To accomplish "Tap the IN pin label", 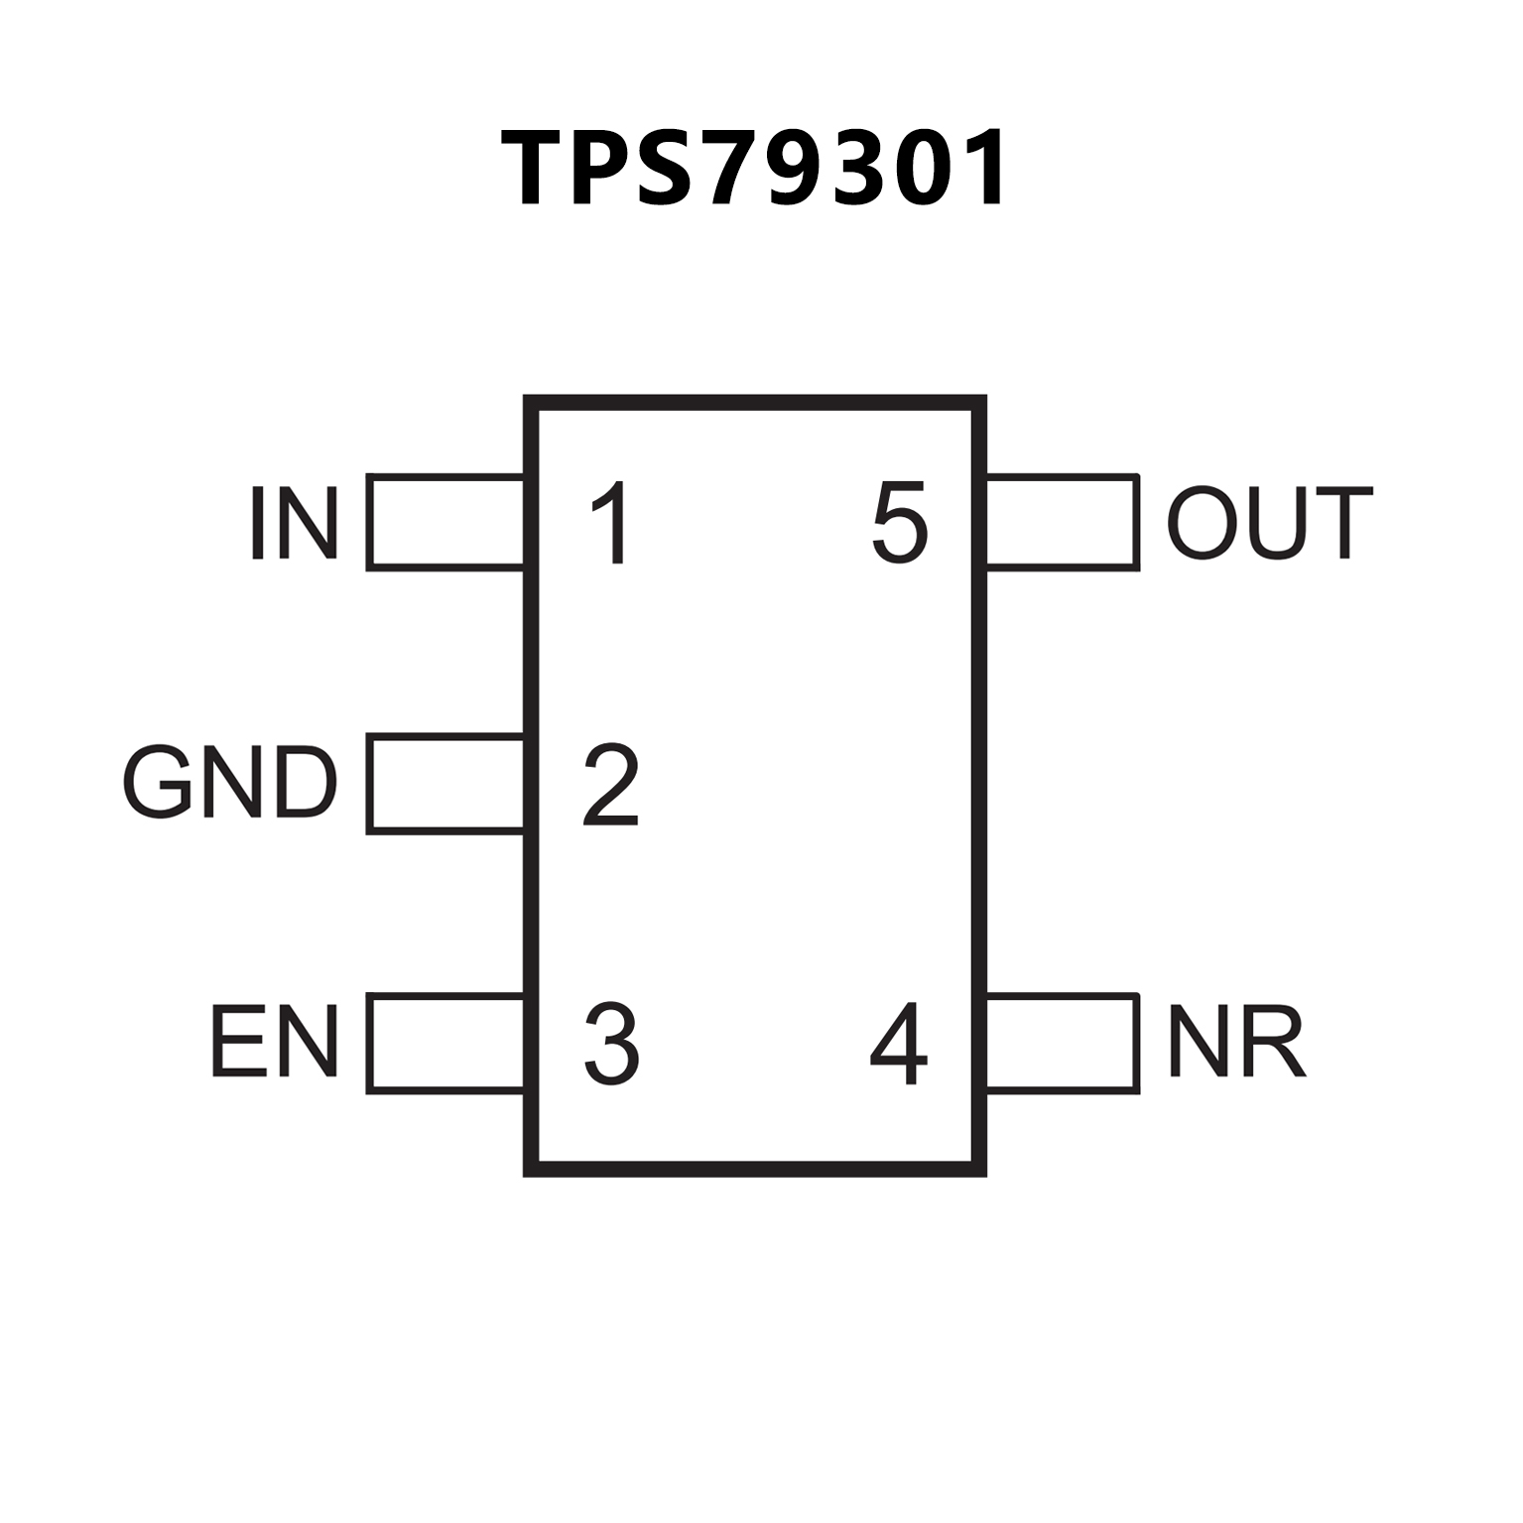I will tap(294, 523).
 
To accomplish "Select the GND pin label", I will tap(230, 783).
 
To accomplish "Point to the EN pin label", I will tap(274, 1042).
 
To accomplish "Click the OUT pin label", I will tap(1269, 523).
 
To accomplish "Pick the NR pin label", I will tap(1236, 1042).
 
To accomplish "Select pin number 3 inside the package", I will tap(611, 1043).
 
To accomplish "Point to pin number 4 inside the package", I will tap(899, 1043).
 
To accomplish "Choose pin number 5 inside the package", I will tap(900, 523).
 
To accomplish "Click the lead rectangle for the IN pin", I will tap(445, 523).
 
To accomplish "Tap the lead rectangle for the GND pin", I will tap(445, 784).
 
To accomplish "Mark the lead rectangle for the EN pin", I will tap(445, 1043).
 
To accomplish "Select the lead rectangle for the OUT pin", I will tap(1062, 523).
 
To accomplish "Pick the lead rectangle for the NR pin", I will tap(1062, 1043).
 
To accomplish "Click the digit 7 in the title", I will tap(742, 169).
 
